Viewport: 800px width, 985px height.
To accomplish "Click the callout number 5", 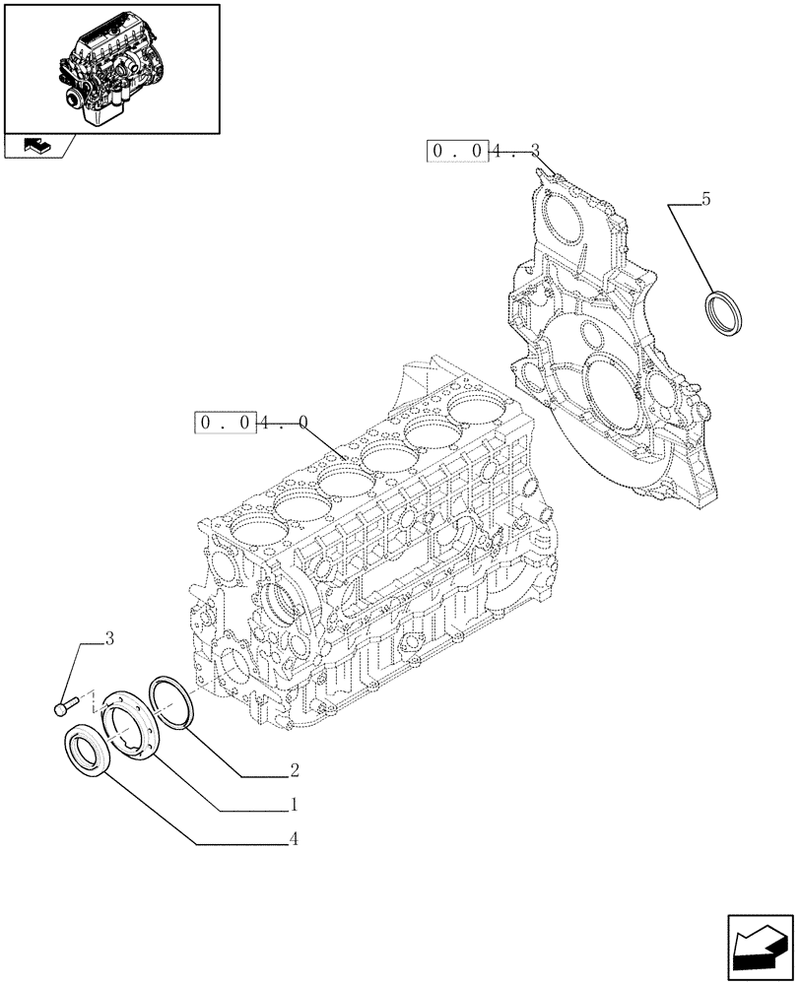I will (x=705, y=200).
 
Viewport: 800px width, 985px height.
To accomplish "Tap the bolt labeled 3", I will (x=64, y=705).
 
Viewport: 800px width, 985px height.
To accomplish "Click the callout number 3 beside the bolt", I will (x=109, y=639).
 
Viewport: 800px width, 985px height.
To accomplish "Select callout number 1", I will (x=293, y=805).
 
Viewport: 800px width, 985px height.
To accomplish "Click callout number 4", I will (x=294, y=840).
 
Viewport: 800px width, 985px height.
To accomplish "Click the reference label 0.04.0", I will (x=252, y=423).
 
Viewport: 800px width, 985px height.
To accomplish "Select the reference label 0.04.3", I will (x=483, y=151).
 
